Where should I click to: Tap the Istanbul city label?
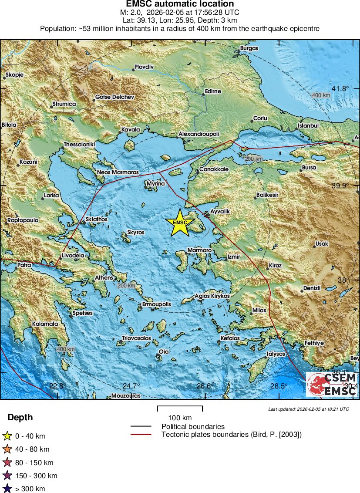click(308, 126)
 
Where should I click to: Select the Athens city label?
click(104, 278)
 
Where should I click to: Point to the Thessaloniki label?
click(79, 144)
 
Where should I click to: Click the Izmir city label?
click(234, 257)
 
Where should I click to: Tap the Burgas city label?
click(249, 48)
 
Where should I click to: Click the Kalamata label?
click(45, 324)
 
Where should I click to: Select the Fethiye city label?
click(314, 343)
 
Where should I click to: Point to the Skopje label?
click(14, 75)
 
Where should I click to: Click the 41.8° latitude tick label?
click(341, 88)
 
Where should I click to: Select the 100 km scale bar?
click(180, 409)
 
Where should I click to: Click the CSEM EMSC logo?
click(332, 384)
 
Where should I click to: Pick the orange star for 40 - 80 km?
click(7, 449)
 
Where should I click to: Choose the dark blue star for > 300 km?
click(7, 489)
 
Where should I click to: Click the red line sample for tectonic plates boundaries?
click(141, 434)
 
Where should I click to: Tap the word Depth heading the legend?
click(20, 417)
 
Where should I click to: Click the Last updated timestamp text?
click(309, 409)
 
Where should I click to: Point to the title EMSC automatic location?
click(180, 4)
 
